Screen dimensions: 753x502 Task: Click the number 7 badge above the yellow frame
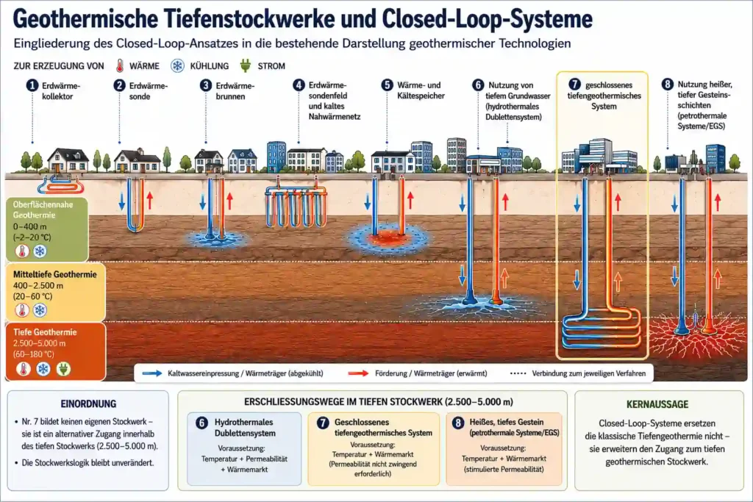click(575, 85)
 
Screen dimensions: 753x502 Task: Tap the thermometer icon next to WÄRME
click(120, 65)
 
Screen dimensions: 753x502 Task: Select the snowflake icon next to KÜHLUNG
click(178, 65)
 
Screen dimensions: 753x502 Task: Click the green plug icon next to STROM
click(246, 65)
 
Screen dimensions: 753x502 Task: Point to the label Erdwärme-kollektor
click(61, 91)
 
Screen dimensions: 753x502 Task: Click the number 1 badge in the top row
click(32, 85)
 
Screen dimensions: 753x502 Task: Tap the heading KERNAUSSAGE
click(657, 404)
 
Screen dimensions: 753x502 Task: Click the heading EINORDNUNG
click(88, 404)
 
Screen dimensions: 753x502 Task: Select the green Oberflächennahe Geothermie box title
click(43, 209)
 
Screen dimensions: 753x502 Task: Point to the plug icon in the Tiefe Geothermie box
click(63, 368)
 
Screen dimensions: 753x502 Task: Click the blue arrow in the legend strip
click(152, 373)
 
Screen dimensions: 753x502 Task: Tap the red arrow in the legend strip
click(358, 373)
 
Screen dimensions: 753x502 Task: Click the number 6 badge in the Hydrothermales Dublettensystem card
click(201, 423)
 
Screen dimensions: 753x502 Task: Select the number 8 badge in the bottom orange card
click(458, 423)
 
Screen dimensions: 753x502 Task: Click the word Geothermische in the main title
click(85, 19)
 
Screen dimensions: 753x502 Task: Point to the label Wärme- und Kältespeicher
click(421, 90)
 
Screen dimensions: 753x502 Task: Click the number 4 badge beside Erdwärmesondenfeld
click(299, 85)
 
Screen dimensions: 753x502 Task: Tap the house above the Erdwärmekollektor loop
click(68, 159)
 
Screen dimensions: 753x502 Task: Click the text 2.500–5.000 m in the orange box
click(40, 343)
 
